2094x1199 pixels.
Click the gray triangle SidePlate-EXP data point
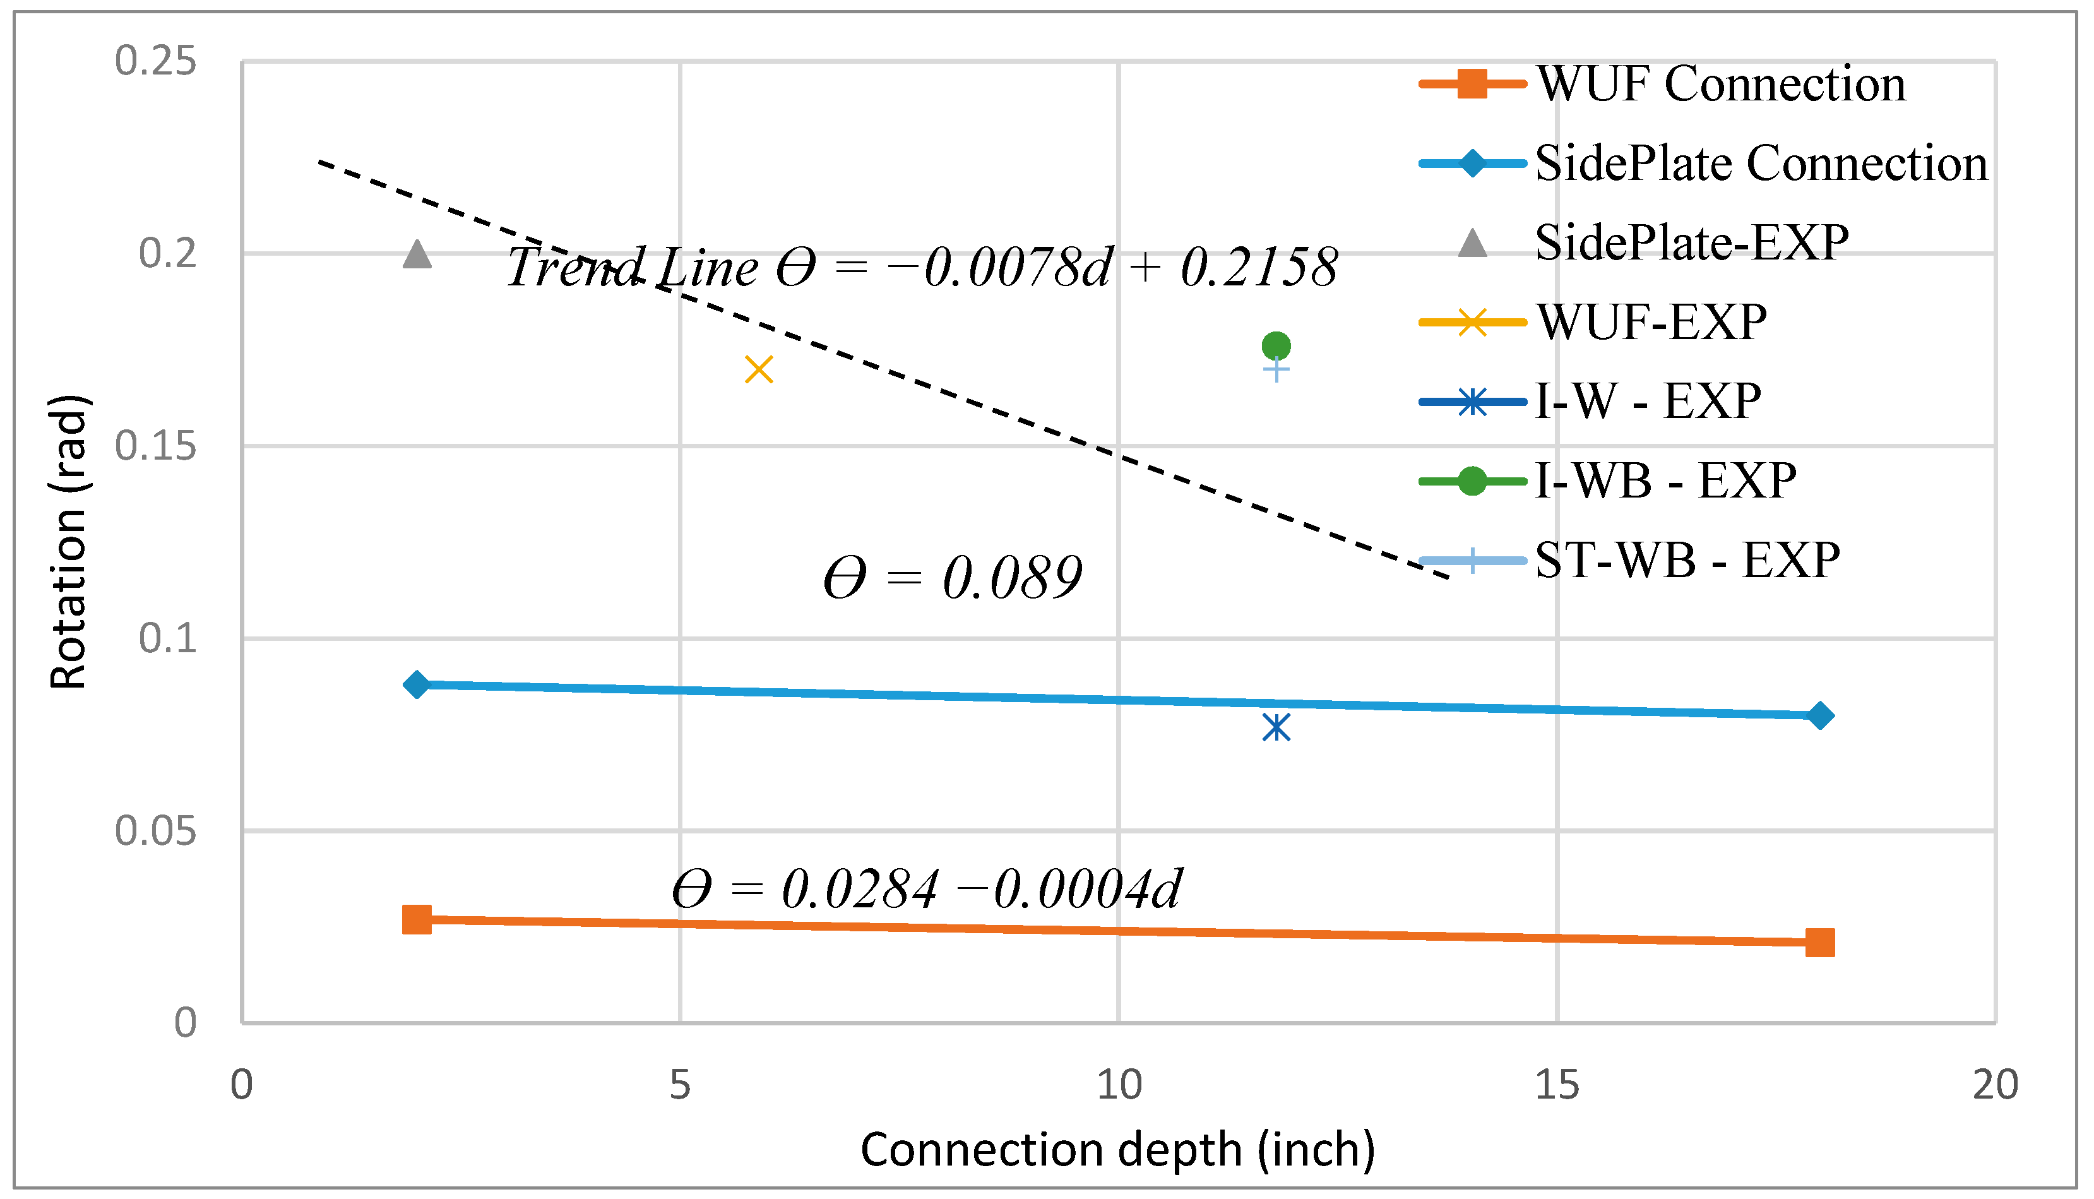pyautogui.click(x=417, y=254)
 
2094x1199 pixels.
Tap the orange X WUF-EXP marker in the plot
pyautogui.click(x=759, y=370)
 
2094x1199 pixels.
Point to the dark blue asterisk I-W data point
pyautogui.click(x=1276, y=727)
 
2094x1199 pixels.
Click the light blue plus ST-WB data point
pyautogui.click(x=1276, y=371)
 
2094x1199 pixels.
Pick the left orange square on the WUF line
pyautogui.click(x=417, y=919)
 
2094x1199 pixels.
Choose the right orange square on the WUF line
pyautogui.click(x=1820, y=942)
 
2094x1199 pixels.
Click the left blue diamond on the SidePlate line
pyautogui.click(x=417, y=684)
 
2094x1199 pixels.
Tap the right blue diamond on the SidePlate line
pyautogui.click(x=1821, y=715)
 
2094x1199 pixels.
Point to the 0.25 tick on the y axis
pyautogui.click(x=155, y=61)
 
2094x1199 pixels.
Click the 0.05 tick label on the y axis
pyautogui.click(x=155, y=831)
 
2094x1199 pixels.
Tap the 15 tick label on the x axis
pyautogui.click(x=1557, y=1085)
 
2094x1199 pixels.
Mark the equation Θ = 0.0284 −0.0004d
pyautogui.click(x=927, y=890)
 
